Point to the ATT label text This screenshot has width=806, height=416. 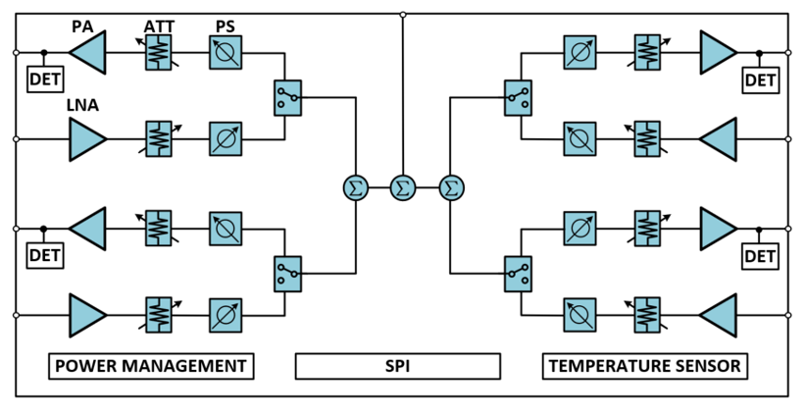[159, 24]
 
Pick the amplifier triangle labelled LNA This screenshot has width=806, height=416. [87, 139]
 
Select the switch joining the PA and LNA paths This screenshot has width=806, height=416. [287, 97]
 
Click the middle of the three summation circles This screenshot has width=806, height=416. [403, 186]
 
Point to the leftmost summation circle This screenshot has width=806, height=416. [354, 186]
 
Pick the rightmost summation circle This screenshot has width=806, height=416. [451, 186]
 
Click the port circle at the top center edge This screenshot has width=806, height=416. [403, 14]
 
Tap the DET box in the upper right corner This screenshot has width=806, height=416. [760, 79]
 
